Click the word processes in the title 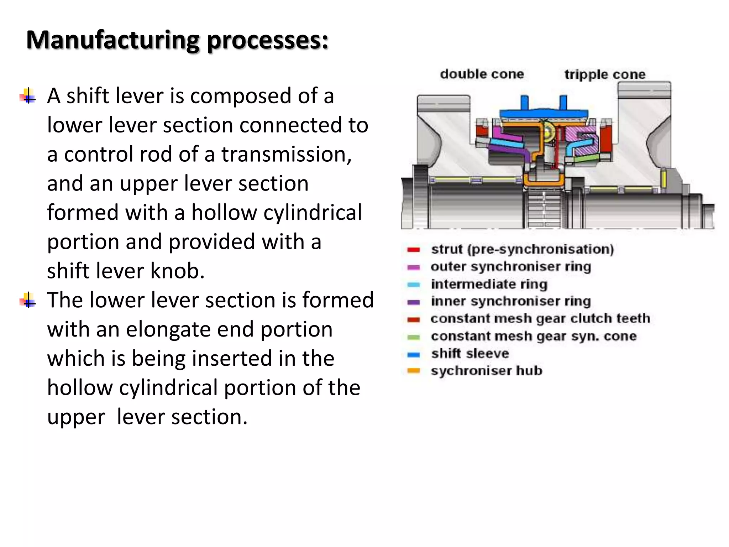click(x=267, y=40)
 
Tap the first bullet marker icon click(x=28, y=96)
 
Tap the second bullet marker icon click(x=28, y=300)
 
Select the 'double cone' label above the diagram click(x=482, y=74)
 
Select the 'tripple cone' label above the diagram click(x=605, y=74)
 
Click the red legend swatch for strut click(x=414, y=250)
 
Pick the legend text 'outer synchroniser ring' click(x=511, y=266)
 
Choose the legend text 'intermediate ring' click(x=489, y=284)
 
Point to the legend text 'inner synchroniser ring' click(x=511, y=301)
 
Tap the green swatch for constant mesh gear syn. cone click(x=414, y=337)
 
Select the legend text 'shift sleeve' click(x=470, y=353)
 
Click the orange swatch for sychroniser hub click(x=414, y=371)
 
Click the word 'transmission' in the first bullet click(x=286, y=154)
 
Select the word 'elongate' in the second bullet click(x=168, y=329)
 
